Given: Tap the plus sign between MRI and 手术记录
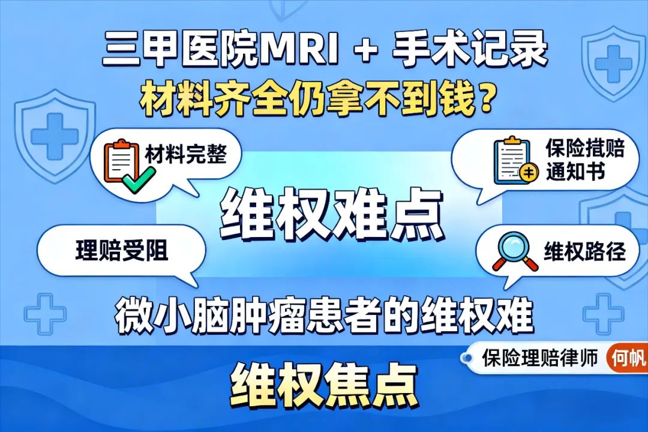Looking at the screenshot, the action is click(x=365, y=51).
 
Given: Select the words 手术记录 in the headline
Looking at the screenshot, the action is click(x=470, y=49).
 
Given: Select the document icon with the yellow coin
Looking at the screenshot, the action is click(x=515, y=160).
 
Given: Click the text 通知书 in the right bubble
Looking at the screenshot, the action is click(x=575, y=172).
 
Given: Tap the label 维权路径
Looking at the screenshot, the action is click(x=585, y=251).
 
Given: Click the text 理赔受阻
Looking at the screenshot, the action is click(x=121, y=251).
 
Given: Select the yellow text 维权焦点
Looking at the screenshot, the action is click(x=325, y=384).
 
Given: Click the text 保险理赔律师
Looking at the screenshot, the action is click(x=540, y=358).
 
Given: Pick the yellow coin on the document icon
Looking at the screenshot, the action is click(x=529, y=173).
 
